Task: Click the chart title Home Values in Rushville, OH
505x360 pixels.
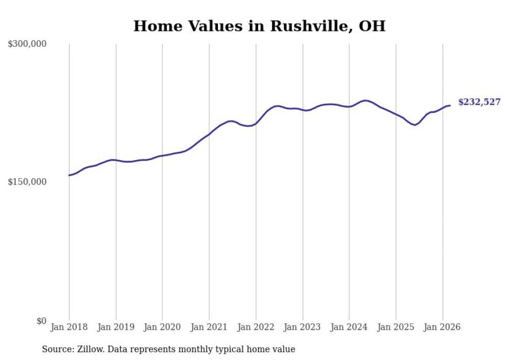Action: tap(259, 26)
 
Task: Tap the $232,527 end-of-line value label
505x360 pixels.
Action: tap(479, 102)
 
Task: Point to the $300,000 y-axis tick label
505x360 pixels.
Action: tap(27, 44)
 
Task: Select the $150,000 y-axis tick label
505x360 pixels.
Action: tap(27, 182)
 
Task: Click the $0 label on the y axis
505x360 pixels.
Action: tap(41, 321)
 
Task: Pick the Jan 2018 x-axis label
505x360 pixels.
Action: tap(69, 327)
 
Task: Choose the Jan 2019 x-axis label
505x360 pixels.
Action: tap(115, 327)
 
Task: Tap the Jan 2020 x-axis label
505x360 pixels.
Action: tap(162, 327)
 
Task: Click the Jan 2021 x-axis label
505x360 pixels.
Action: tap(209, 327)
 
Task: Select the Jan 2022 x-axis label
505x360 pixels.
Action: tap(256, 327)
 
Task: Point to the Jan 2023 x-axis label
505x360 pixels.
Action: tap(302, 327)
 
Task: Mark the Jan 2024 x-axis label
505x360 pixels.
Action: tap(349, 327)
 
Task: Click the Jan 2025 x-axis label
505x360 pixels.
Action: tap(396, 327)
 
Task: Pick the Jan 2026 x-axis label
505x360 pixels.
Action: tap(442, 327)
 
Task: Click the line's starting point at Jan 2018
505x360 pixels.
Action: tap(69, 175)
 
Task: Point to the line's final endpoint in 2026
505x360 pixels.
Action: tap(450, 106)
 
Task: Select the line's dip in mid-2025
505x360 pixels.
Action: tap(414, 125)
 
